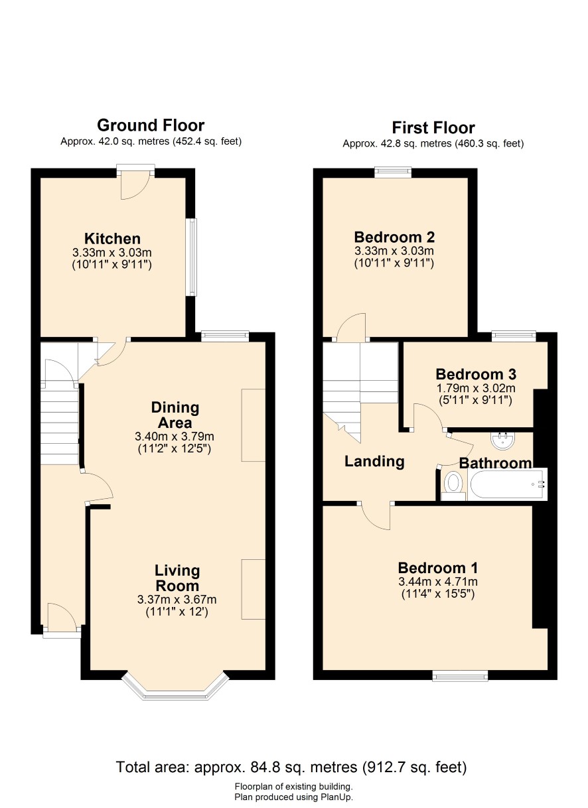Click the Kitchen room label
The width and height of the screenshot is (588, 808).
(x=112, y=238)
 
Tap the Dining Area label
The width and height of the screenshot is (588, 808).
(x=175, y=415)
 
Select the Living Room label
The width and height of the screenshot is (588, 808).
(x=177, y=578)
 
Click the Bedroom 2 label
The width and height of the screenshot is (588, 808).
(x=394, y=237)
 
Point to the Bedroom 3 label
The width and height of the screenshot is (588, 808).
(x=476, y=374)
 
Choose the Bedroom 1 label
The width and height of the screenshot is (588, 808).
(x=438, y=568)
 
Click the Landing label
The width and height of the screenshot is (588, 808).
(x=374, y=461)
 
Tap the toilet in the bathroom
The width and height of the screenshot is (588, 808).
(x=453, y=486)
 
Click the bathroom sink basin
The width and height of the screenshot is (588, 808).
(x=502, y=440)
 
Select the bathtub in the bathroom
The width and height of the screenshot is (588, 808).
(x=508, y=484)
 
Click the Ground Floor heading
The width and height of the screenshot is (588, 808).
(x=151, y=125)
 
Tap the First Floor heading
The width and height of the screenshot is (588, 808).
(x=433, y=127)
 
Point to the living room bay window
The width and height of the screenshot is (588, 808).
(x=175, y=691)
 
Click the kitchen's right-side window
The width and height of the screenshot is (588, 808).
(x=192, y=257)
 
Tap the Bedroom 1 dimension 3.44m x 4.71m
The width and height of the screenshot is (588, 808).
(x=438, y=582)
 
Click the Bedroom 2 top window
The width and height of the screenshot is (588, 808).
(x=393, y=172)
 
